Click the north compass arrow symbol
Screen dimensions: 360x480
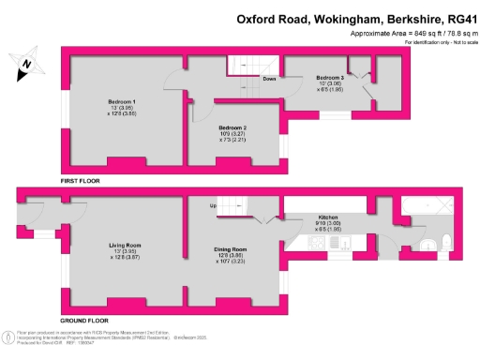(x=27, y=65)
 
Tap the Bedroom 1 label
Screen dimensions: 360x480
(x=122, y=101)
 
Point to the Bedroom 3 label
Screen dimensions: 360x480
(x=330, y=77)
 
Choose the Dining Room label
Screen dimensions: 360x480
(x=230, y=249)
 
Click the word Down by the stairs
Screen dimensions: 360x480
(x=269, y=79)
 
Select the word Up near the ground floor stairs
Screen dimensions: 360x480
(x=212, y=204)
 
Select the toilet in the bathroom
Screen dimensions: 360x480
(x=430, y=245)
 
